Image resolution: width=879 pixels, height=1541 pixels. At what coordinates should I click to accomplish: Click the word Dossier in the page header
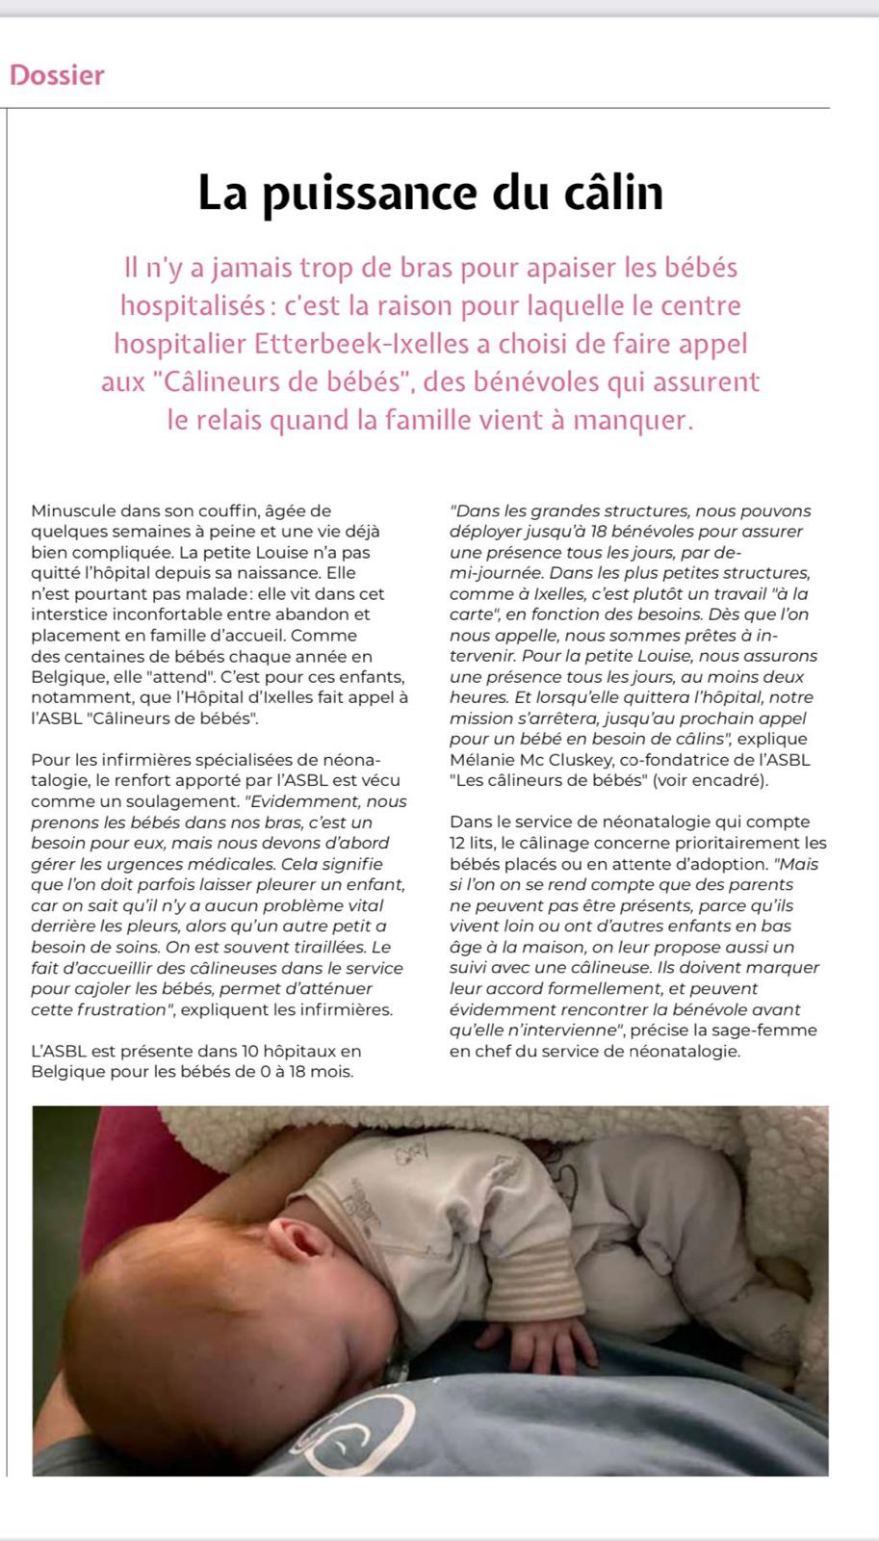pyautogui.click(x=57, y=75)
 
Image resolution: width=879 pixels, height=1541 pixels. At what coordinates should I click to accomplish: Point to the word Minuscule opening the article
pyautogui.click(x=73, y=510)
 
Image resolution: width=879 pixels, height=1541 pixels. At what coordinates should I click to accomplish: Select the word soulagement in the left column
pyautogui.click(x=187, y=801)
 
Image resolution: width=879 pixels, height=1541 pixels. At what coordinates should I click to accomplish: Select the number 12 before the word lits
pyautogui.click(x=460, y=843)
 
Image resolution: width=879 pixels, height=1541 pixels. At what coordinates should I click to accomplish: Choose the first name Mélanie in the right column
pyautogui.click(x=481, y=760)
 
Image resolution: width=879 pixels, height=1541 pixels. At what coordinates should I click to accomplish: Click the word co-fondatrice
pyautogui.click(x=675, y=760)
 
